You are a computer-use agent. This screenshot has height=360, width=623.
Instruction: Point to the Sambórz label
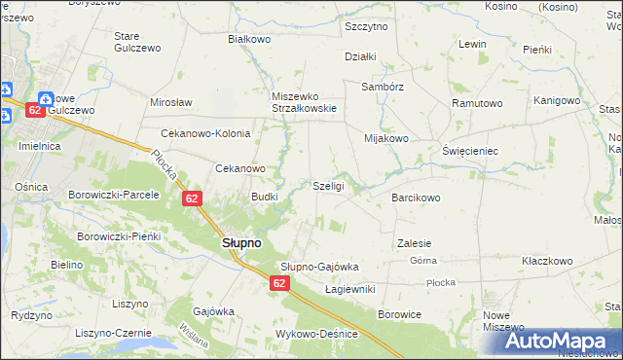coord(381,86)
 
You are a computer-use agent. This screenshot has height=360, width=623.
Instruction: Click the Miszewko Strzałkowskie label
coord(304,102)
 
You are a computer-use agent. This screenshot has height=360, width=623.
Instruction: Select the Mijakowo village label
coord(385,138)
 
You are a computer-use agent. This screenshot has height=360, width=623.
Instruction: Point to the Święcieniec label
coord(470,152)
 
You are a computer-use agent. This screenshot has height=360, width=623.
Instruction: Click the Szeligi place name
coord(328,186)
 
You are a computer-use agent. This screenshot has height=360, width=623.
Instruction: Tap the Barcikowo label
coord(417,198)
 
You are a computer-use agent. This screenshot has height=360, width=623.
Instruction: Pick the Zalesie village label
coord(415,243)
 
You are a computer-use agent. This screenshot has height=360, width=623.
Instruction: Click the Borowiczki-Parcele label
coord(113,195)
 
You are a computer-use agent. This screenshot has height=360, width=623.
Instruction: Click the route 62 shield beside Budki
coord(192,199)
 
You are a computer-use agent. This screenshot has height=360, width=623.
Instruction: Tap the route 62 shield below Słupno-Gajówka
coord(279,283)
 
